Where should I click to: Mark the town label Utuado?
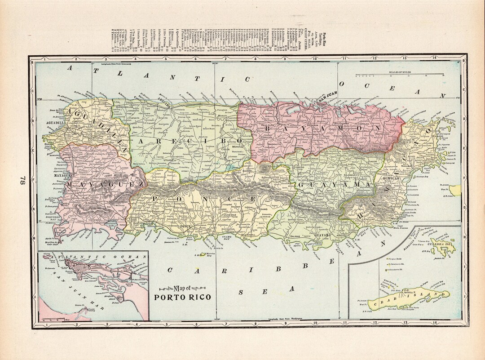click(x=168, y=160)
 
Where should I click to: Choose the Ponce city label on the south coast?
click(x=185, y=226)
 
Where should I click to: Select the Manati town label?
click(x=208, y=116)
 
